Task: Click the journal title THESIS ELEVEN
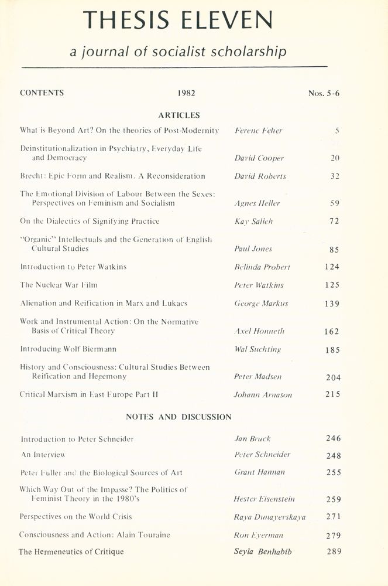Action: coord(178,21)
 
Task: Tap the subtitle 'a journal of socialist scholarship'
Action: coord(178,53)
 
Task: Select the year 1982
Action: coord(186,93)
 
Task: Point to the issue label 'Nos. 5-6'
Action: coord(324,93)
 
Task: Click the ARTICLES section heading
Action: coord(179,115)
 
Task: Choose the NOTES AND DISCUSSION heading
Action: coord(179,417)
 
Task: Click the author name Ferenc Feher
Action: coord(258,131)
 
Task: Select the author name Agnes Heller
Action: coord(256,203)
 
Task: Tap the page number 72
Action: coord(334,222)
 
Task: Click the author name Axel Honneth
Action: coord(259,331)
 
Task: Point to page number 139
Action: coord(332,304)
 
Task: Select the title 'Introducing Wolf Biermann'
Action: coord(68,349)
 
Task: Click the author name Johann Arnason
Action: coord(263,395)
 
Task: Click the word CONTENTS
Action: coord(42,93)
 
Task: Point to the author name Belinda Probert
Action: coord(262,267)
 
